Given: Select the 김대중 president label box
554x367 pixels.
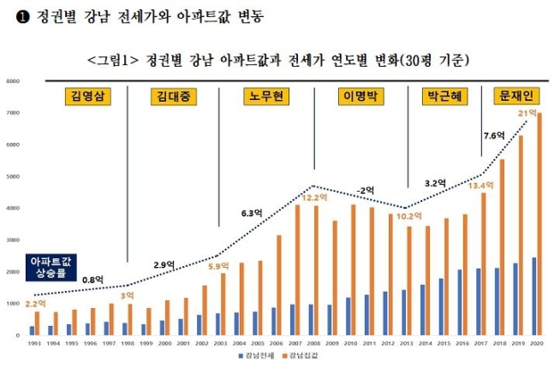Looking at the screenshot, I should click(x=173, y=95).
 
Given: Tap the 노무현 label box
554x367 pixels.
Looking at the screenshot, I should click(x=267, y=95).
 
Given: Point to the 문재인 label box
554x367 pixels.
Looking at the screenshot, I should click(x=514, y=95).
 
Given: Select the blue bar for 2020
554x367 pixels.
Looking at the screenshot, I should click(x=533, y=296).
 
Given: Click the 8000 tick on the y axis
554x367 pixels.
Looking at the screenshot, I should click(x=14, y=81).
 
